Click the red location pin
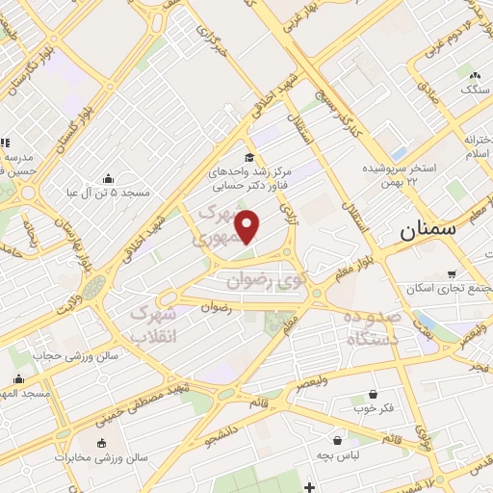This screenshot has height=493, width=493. [x=248, y=225]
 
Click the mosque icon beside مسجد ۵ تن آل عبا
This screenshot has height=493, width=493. [x=107, y=178]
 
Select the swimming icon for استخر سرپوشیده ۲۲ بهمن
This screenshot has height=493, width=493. [x=399, y=153]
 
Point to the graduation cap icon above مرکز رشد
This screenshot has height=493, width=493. [x=249, y=158]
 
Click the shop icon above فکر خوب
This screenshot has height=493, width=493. [x=373, y=395]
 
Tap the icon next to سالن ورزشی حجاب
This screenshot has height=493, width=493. [x=18, y=353]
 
